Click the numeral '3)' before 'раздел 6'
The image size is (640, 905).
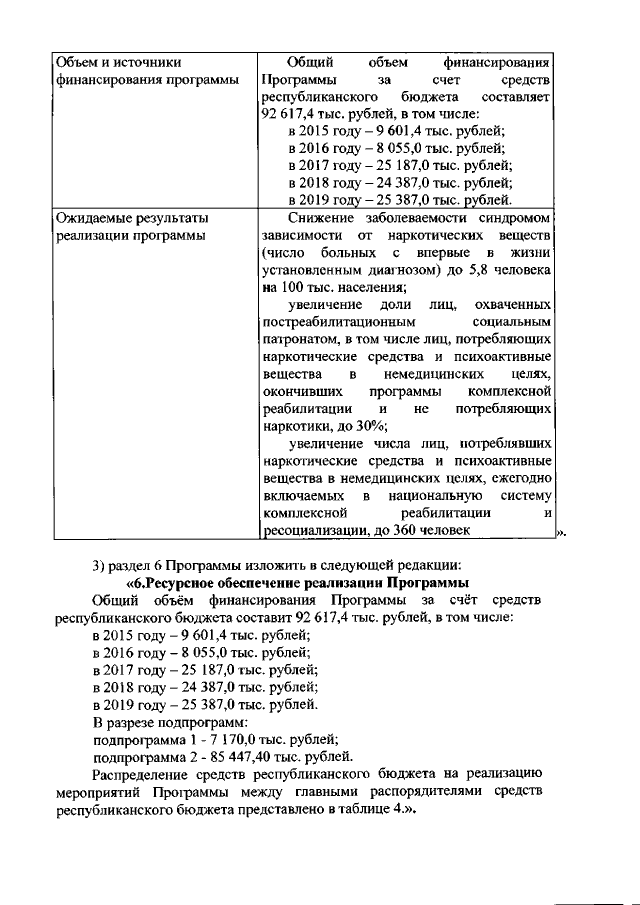coord(98,564)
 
